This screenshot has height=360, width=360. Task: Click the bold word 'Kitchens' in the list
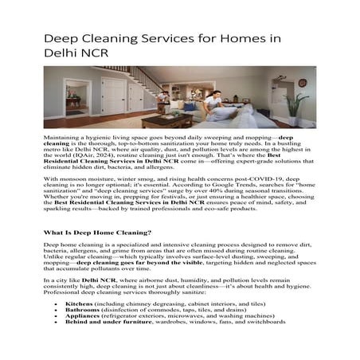[80, 303]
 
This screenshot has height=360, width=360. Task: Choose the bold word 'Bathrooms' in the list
[84, 311]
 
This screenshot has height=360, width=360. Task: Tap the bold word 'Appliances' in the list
[84, 318]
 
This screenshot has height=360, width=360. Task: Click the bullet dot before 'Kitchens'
[55, 304]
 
